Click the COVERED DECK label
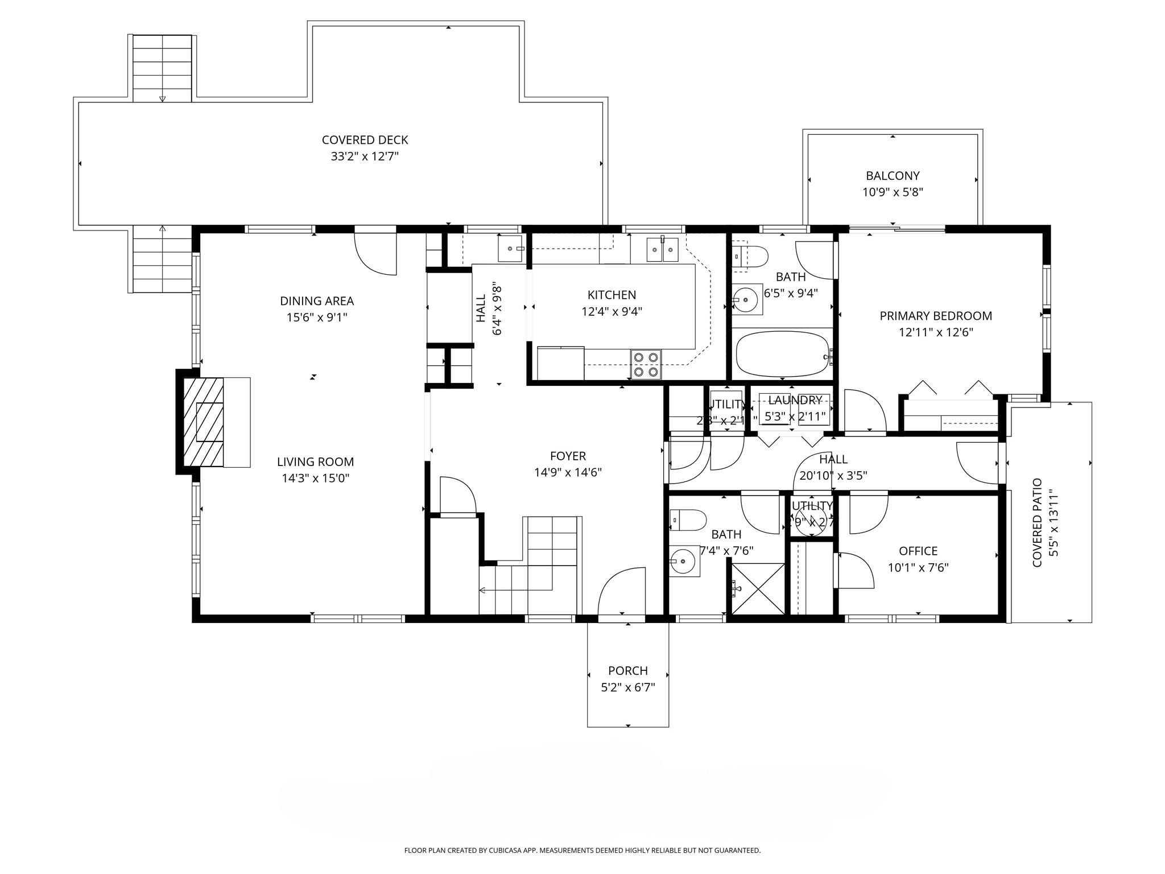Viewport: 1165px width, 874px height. [x=365, y=140]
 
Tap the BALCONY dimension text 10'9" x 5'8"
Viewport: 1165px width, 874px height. [x=893, y=192]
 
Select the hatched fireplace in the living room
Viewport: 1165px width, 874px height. [x=203, y=422]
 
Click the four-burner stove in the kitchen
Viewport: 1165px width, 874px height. [x=646, y=364]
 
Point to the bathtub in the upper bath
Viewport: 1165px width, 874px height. [x=782, y=354]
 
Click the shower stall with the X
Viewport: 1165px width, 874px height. [x=758, y=588]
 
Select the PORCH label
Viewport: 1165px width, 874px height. [x=628, y=670]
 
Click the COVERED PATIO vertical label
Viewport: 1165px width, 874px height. [x=1037, y=522]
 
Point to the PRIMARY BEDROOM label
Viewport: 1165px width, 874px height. [x=936, y=316]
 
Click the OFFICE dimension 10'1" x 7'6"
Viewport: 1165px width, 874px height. [x=918, y=567]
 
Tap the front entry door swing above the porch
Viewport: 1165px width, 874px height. [x=621, y=592]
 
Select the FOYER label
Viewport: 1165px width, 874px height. [x=568, y=456]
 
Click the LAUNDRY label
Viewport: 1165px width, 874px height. [x=795, y=400]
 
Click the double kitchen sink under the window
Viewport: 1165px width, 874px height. [x=662, y=250]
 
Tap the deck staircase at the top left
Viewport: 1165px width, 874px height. [x=162, y=68]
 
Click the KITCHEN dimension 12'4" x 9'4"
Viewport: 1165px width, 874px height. [x=612, y=311]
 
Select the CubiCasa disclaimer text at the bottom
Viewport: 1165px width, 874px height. [x=582, y=851]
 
